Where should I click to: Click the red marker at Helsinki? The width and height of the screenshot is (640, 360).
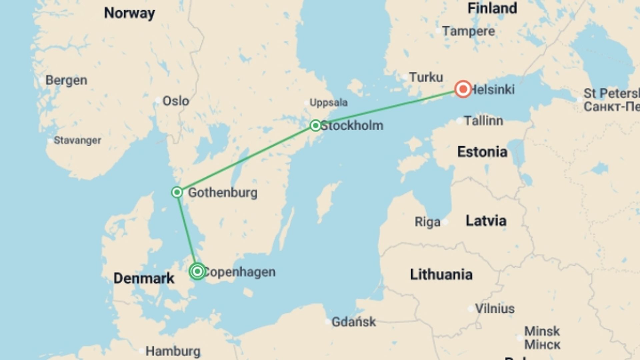(x=463, y=89)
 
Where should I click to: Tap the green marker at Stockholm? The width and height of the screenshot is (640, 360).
(x=315, y=125)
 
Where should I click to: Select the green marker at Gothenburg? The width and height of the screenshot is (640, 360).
(x=177, y=192)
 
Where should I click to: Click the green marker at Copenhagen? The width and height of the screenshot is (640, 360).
(x=197, y=271)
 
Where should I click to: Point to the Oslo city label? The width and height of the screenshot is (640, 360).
(x=175, y=101)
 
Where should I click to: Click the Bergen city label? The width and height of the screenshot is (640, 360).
(x=66, y=80)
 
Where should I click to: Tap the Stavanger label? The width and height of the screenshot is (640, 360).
(x=77, y=140)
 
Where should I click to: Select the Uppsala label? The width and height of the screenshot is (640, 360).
(x=328, y=103)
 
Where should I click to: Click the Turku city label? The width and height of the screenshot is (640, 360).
(x=426, y=77)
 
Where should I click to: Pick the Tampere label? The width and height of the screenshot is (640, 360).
(x=468, y=31)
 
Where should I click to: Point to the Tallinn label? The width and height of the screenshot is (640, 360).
(x=483, y=121)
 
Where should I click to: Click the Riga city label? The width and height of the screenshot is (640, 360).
(x=427, y=222)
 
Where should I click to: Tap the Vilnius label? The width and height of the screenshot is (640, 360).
(x=495, y=309)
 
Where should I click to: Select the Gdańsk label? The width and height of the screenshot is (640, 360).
(x=354, y=322)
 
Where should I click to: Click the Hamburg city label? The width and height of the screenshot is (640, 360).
(x=173, y=351)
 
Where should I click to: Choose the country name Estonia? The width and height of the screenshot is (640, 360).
(x=482, y=152)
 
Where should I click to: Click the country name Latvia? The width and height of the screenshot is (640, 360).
(x=486, y=221)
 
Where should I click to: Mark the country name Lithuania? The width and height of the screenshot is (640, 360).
(x=441, y=275)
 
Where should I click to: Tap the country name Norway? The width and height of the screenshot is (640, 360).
(x=129, y=13)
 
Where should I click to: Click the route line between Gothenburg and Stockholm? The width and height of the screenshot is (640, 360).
(x=246, y=159)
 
